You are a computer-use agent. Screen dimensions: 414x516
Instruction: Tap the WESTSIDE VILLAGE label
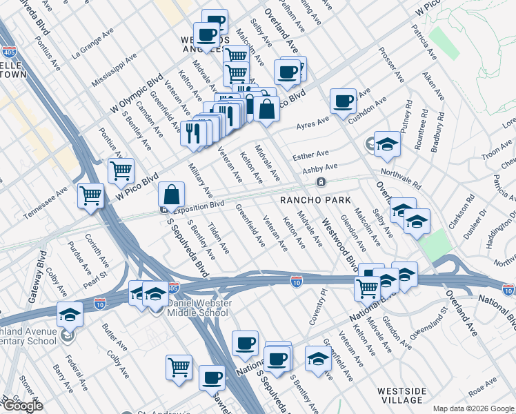click(400, 395)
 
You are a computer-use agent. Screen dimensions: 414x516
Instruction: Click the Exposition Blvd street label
click(199, 206)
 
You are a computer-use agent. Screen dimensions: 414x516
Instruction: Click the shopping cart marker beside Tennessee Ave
click(91, 197)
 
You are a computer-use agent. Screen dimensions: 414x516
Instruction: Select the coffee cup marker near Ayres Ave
click(343, 101)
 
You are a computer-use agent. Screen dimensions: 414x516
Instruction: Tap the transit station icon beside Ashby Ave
click(321, 182)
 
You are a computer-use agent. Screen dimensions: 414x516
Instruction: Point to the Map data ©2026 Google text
click(472, 408)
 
